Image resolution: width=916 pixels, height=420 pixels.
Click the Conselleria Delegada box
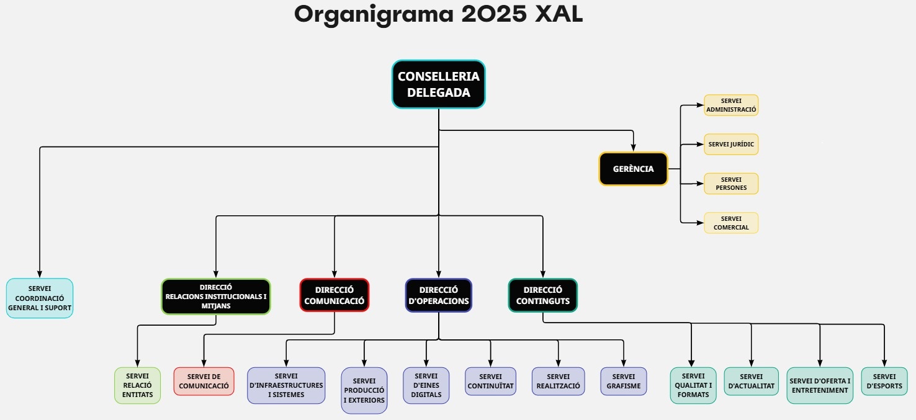click(x=438, y=84)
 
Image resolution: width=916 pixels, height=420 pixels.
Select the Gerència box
click(x=633, y=169)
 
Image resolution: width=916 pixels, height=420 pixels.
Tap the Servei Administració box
click(x=731, y=105)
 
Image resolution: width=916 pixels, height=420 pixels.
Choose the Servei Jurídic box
click(x=731, y=145)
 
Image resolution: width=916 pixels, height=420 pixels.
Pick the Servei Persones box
click(x=731, y=184)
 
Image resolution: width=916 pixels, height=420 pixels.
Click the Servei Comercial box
click(x=731, y=223)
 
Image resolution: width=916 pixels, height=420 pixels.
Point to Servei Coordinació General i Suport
click(x=40, y=298)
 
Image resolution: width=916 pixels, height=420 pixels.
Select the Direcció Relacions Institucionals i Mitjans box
click(x=215, y=297)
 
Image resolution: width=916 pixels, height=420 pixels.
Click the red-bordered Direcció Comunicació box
click(x=334, y=295)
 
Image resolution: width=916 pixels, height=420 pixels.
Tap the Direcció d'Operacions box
click(x=438, y=295)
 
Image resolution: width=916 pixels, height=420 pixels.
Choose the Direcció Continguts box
click(x=542, y=295)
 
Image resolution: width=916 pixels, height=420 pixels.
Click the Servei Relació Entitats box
click(x=137, y=386)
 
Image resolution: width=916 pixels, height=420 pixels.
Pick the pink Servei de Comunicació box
click(x=204, y=381)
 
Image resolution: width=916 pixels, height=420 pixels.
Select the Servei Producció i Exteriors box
click(x=364, y=391)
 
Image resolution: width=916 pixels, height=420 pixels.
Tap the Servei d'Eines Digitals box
click(x=426, y=386)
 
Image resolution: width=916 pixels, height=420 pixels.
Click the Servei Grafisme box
click(x=623, y=381)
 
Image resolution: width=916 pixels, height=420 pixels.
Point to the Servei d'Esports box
click(x=884, y=381)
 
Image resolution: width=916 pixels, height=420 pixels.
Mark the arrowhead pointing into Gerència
click(x=633, y=148)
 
